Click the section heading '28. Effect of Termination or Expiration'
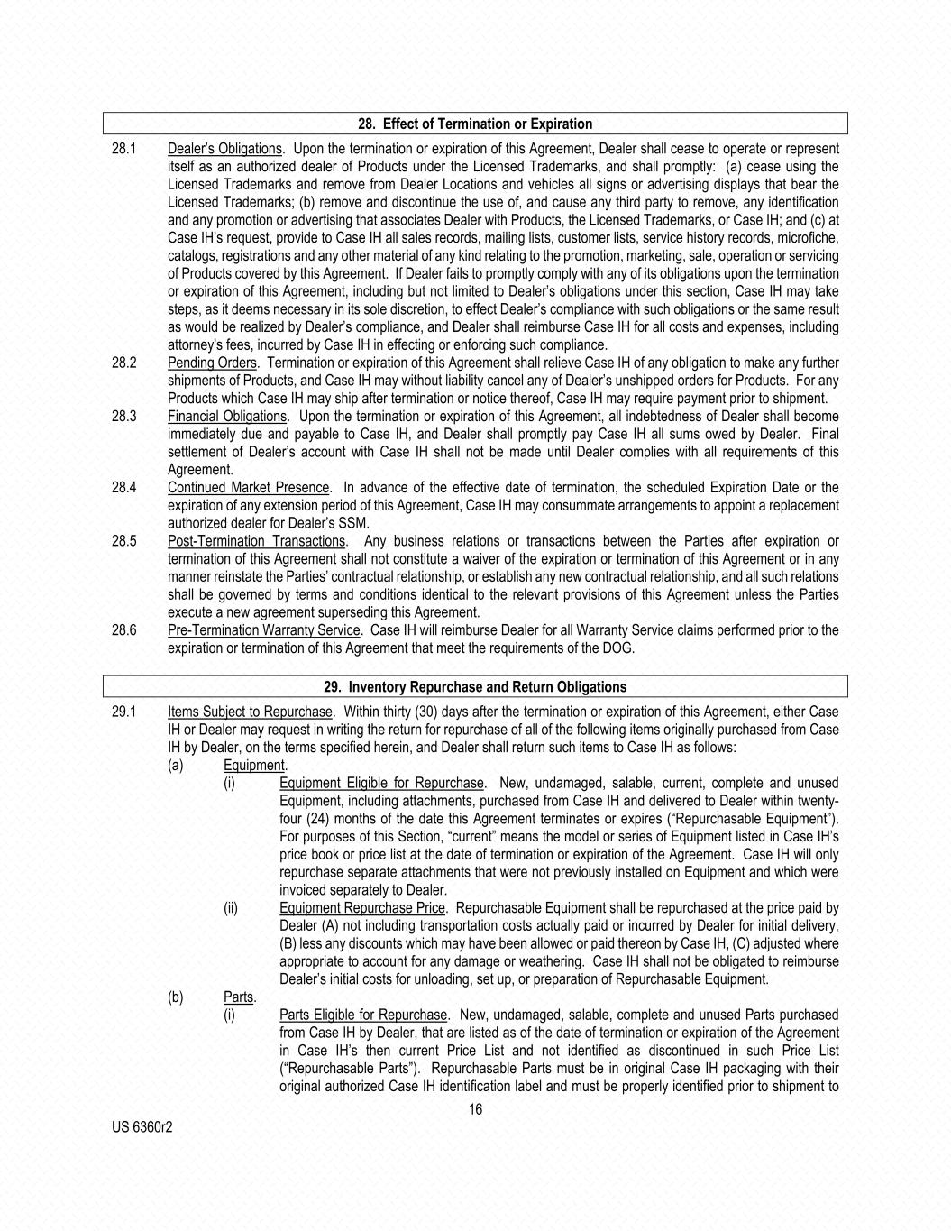(x=475, y=124)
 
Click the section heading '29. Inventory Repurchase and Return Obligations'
(x=475, y=687)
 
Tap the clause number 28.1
(x=124, y=149)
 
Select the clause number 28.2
(x=124, y=363)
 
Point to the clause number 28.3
(x=124, y=417)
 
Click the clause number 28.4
(x=124, y=488)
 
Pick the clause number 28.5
(x=124, y=541)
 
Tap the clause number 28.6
(x=124, y=630)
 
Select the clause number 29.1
(x=124, y=712)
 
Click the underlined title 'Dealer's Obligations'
(x=224, y=149)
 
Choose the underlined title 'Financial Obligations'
(x=226, y=417)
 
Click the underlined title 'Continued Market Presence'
(x=249, y=488)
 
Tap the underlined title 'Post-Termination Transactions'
(x=256, y=541)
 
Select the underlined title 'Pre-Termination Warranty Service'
(x=264, y=630)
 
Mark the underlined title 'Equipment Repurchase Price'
(x=362, y=908)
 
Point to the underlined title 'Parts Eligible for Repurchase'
(x=363, y=1015)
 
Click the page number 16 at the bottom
(x=475, y=1109)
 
